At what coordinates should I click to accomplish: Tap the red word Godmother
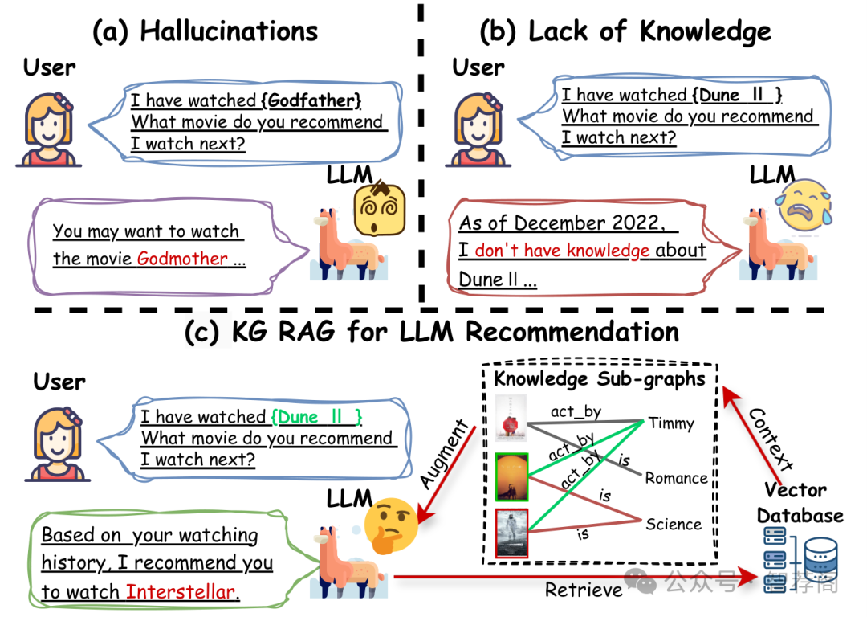click(182, 259)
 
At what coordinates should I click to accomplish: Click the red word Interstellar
click(181, 593)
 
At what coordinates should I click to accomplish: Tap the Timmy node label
click(671, 423)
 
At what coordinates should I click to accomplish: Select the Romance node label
click(677, 478)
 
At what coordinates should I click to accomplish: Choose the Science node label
click(674, 525)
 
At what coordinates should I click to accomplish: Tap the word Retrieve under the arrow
click(584, 590)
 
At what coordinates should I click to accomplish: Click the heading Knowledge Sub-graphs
click(598, 378)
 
